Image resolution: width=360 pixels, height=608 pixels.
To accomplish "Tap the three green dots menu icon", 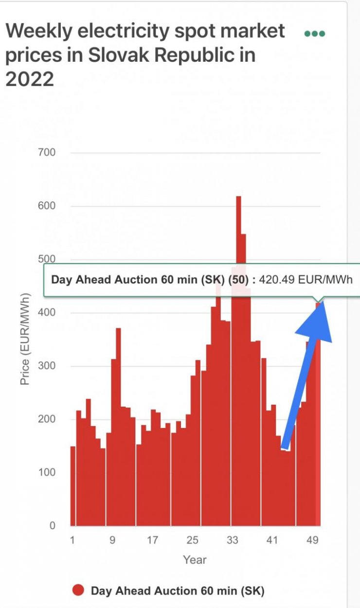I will pos(314,34).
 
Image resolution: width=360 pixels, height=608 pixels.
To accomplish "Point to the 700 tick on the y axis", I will pos(47,153).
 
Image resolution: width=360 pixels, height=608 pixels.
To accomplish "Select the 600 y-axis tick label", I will pos(47,206).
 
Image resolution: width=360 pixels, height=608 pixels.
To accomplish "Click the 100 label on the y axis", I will pos(47,472).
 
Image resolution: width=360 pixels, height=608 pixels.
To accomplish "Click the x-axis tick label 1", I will pos(73,540).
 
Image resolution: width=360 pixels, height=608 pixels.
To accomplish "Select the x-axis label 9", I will pos(113,540).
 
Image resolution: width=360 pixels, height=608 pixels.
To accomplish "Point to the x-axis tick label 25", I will pos(193,540).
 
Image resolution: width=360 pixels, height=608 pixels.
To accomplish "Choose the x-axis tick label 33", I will pos(233,540).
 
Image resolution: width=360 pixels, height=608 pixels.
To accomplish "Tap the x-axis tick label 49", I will pos(312,540).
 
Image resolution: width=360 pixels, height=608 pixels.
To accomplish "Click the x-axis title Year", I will pos(195,560).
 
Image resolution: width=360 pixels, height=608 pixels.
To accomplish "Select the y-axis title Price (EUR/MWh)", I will pos(25,339).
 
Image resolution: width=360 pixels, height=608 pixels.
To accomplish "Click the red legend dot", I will pos(78,591).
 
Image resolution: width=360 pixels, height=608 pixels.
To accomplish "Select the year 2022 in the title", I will pos(29,78).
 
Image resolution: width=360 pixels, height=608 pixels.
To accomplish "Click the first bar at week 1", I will pos(73,486).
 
